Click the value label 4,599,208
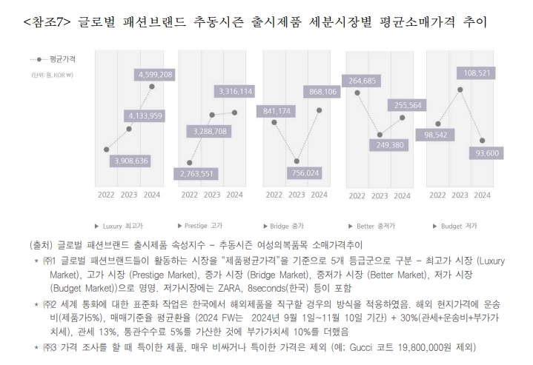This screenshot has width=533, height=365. click(x=155, y=74)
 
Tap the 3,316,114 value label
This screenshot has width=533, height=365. click(x=235, y=91)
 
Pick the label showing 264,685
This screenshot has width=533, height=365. click(x=364, y=80)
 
